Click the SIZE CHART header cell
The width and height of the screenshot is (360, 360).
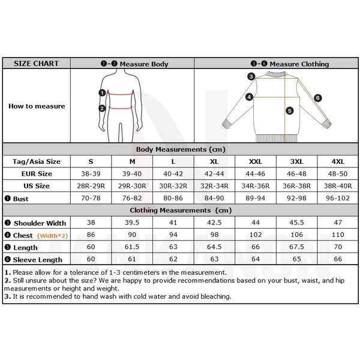(x=36, y=64)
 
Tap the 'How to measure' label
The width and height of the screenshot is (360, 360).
(x=36, y=106)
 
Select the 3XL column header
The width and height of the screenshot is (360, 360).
(x=296, y=161)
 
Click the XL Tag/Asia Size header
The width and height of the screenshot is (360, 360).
(x=214, y=161)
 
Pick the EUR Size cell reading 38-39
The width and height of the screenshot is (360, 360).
(x=91, y=173)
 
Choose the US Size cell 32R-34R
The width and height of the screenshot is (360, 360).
(x=214, y=186)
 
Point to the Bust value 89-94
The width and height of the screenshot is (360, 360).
(x=255, y=198)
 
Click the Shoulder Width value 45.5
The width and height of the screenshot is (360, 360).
(x=296, y=223)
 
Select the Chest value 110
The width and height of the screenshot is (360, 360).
(x=338, y=235)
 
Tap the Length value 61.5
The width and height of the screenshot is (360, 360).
(x=132, y=247)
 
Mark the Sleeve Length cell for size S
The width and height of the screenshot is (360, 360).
(x=91, y=259)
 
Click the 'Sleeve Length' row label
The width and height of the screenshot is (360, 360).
(x=38, y=260)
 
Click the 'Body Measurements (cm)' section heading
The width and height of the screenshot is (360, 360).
(x=181, y=149)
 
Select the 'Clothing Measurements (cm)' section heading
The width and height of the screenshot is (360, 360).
(x=181, y=211)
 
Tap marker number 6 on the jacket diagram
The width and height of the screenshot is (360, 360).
(x=318, y=98)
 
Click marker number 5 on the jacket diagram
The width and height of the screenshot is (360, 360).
(x=289, y=110)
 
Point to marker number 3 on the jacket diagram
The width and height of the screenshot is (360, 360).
(x=251, y=76)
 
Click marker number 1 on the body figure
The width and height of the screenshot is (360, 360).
(x=103, y=93)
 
